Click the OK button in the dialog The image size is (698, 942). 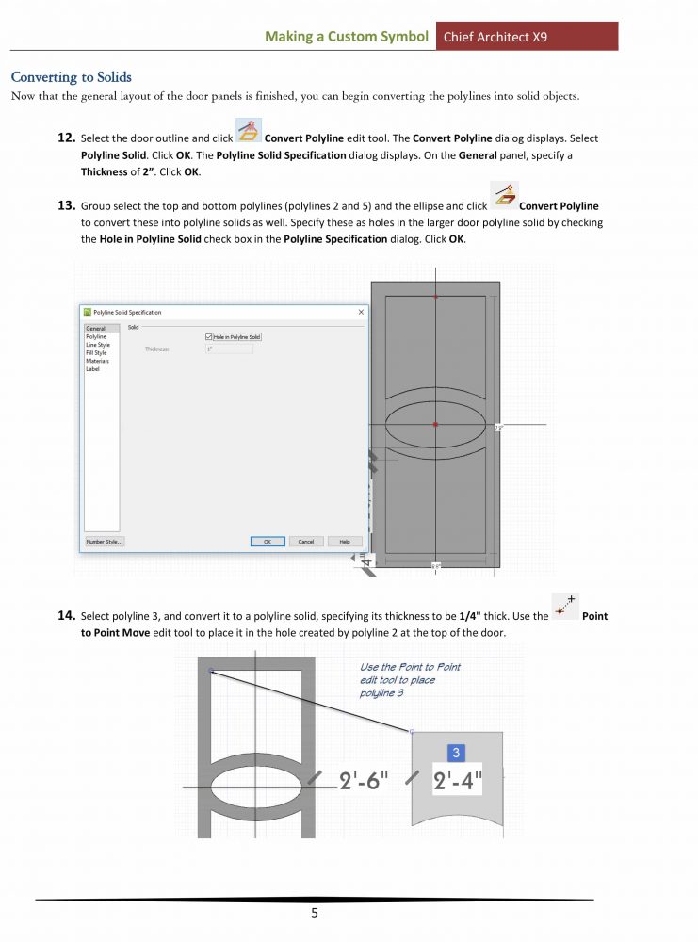coord(268,542)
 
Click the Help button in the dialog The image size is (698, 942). coord(344,542)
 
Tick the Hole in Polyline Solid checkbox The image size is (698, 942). coord(208,336)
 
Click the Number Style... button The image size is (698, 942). coord(105,542)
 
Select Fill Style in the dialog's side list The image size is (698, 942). coord(96,353)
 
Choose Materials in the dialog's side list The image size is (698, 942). coord(97,361)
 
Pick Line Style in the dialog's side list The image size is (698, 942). coord(98,345)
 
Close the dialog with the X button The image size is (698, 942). coord(361,312)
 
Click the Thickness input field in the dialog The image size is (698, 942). coord(229,349)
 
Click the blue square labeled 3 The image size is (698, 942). coord(456,753)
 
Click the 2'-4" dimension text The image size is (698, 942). coord(458,782)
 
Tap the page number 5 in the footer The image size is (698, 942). coord(315,913)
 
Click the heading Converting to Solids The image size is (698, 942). coord(71,76)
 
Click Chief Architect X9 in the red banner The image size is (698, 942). coord(500,37)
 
